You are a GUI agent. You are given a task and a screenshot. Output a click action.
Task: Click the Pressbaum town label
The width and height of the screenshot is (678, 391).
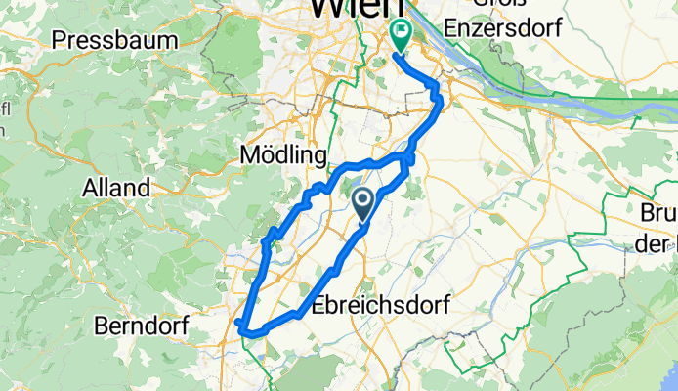click(117, 40)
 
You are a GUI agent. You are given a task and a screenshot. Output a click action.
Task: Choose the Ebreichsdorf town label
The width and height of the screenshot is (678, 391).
click(382, 305)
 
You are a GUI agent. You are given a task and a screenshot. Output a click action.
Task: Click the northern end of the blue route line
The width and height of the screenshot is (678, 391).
click(397, 57)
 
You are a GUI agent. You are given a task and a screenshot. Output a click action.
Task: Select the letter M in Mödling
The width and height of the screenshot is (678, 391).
click(248, 156)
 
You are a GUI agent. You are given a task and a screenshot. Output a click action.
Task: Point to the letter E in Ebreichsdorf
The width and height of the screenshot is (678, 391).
click(322, 305)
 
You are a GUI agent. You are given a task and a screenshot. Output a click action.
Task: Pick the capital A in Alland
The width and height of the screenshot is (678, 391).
click(92, 187)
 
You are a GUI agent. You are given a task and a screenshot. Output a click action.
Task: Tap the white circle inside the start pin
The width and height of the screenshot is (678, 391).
click(362, 201)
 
